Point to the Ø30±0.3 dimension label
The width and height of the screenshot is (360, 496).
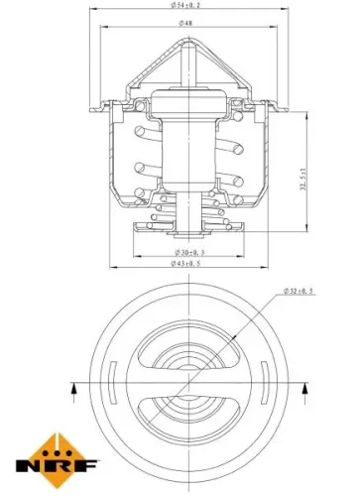click(x=180, y=254)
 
